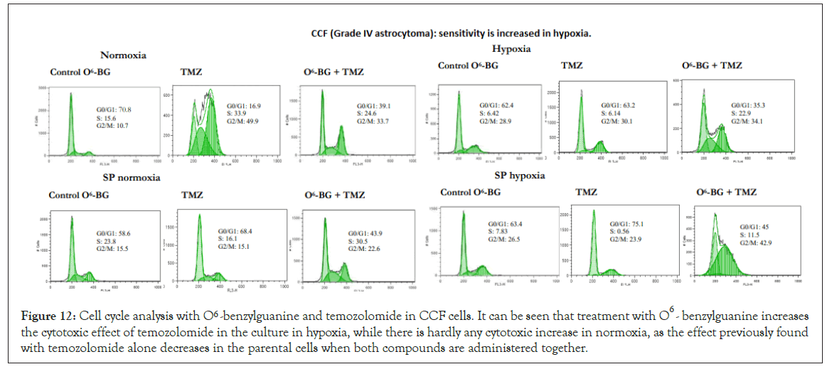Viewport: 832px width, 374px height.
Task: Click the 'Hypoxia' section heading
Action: (511, 48)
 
